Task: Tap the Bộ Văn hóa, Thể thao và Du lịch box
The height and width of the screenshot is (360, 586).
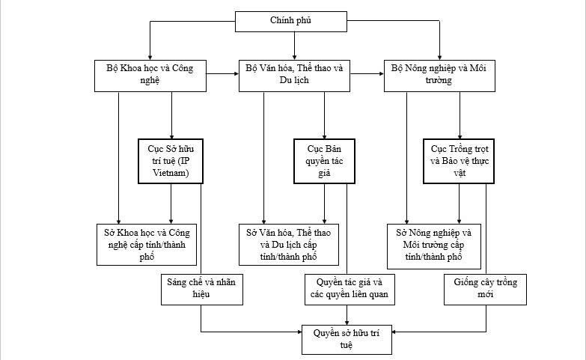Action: click(x=295, y=75)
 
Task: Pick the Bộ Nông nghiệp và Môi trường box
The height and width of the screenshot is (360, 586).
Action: click(x=439, y=75)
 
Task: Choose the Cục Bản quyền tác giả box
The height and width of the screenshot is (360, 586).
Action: click(x=323, y=160)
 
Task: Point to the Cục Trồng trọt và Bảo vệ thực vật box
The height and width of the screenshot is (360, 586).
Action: click(x=458, y=160)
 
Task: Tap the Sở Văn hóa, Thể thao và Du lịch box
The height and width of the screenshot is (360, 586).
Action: click(x=294, y=244)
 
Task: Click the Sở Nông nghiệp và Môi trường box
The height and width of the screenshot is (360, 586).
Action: click(x=439, y=244)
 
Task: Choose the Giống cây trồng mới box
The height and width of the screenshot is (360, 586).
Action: click(x=485, y=288)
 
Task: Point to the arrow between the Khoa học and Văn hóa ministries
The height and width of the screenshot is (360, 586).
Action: click(x=222, y=74)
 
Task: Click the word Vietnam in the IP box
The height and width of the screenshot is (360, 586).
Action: click(x=171, y=173)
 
